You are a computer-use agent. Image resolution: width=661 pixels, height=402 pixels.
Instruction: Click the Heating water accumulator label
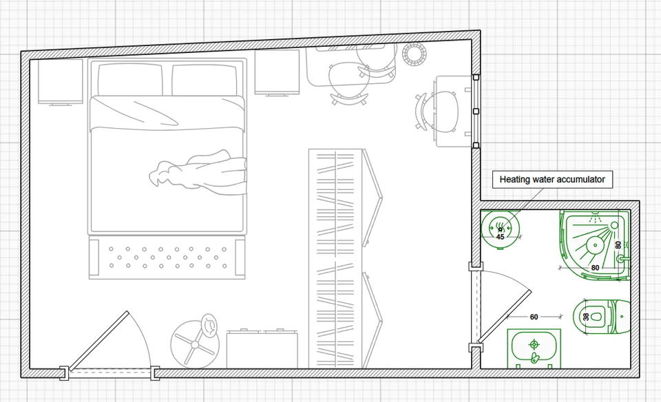(552, 180)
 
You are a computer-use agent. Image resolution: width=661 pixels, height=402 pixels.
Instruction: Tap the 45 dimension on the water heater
(501, 237)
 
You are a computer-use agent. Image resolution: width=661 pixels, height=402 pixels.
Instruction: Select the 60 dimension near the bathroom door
(534, 317)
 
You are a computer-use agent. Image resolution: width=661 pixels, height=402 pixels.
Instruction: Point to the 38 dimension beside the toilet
(586, 317)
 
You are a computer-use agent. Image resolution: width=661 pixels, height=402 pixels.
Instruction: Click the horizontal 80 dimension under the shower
(595, 268)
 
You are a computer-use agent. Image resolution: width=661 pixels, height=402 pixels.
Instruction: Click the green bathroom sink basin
(534, 348)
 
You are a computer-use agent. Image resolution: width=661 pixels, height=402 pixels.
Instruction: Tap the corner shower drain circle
(595, 245)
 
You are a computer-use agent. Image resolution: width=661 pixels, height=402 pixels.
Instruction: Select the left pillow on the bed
(130, 80)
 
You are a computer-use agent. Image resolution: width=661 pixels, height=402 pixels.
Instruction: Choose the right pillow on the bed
(204, 80)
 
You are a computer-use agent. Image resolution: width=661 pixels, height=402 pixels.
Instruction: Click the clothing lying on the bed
(198, 172)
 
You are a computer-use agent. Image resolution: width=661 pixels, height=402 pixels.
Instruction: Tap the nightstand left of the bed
(61, 82)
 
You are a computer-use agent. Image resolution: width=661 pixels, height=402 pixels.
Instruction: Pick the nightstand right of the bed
(277, 72)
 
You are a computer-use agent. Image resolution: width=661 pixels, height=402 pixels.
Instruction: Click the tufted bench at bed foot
(167, 257)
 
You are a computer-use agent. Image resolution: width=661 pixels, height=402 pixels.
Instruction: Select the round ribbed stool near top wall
(415, 54)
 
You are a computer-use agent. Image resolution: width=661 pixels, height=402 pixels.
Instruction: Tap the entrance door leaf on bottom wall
(98, 341)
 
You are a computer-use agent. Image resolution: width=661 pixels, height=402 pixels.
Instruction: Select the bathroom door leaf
(504, 316)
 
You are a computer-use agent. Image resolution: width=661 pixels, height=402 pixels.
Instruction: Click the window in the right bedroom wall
(476, 112)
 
